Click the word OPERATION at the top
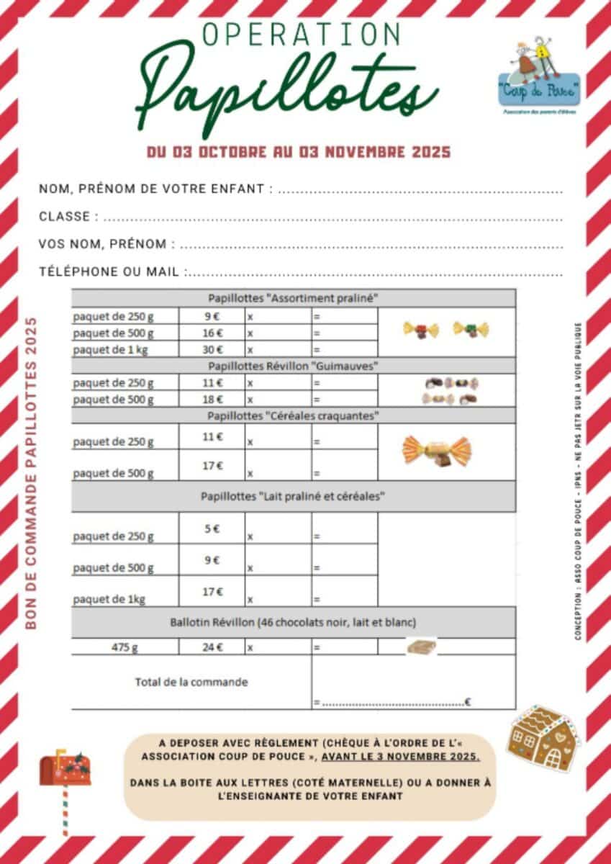point(302,34)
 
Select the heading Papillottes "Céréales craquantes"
point(293,415)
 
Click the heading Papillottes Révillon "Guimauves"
point(293,366)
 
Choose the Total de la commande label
point(191,682)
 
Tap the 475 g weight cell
point(125,647)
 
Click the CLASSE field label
point(65,217)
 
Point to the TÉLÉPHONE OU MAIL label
point(110,271)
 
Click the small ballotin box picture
point(422,647)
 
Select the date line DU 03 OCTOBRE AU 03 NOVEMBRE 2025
point(299,153)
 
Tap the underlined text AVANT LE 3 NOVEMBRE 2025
point(401,757)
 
